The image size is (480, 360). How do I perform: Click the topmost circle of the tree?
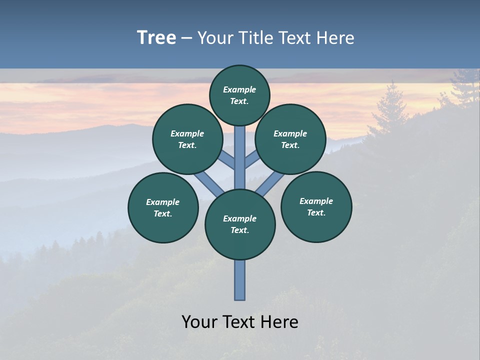click(239, 95)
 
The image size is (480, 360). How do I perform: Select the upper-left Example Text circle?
click(187, 139)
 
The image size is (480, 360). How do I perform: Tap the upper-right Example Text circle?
click(290, 139)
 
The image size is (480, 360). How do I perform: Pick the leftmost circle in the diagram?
click(163, 207)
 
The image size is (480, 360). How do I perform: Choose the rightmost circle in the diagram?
click(316, 206)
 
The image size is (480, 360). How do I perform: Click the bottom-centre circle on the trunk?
click(240, 224)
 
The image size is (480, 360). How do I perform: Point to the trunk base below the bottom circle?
click(240, 280)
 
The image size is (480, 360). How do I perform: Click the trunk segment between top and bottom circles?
click(240, 157)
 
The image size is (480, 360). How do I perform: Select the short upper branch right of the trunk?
click(251, 160)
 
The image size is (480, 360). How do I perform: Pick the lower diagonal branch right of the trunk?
click(270, 184)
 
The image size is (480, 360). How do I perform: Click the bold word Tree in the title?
click(156, 38)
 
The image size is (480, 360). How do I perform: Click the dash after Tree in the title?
click(186, 38)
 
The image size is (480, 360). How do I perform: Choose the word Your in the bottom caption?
click(200, 322)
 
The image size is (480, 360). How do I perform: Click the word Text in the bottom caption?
click(240, 322)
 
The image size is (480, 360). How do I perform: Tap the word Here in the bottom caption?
click(280, 322)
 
